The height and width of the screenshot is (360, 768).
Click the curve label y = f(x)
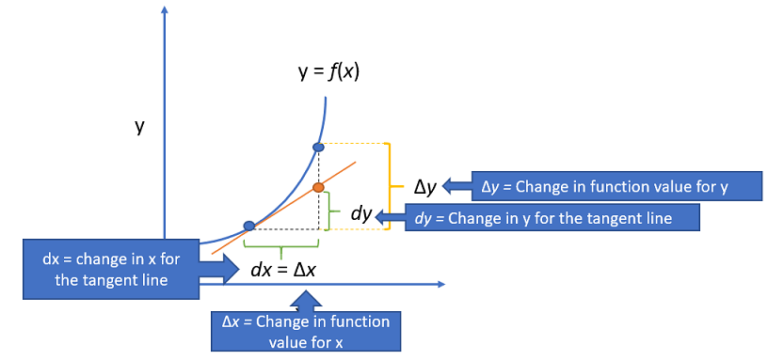point(329,73)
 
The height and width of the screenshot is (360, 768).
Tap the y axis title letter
point(141,130)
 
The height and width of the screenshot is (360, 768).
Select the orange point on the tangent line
point(319,187)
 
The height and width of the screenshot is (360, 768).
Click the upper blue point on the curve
point(319,148)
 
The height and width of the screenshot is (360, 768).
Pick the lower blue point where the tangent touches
point(250,226)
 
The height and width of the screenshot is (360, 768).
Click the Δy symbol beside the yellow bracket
point(425,186)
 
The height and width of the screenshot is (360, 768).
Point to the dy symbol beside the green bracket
point(361,214)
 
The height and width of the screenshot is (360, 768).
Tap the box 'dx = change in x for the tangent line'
point(110,269)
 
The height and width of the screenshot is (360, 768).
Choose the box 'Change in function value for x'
point(307,331)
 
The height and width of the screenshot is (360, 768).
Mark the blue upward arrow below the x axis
point(308,300)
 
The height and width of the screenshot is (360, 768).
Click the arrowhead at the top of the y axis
point(165,10)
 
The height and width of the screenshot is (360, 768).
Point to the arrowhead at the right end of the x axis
point(441,286)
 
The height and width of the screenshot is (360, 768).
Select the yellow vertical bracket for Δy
point(391,187)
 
